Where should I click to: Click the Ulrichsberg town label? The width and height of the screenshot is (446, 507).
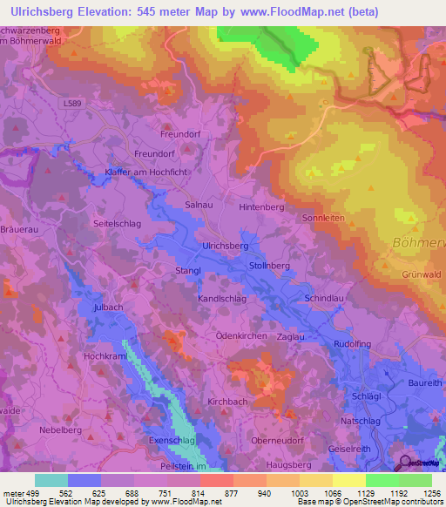225,247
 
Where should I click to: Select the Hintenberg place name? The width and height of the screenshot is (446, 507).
261,208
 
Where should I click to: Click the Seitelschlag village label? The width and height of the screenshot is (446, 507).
117,223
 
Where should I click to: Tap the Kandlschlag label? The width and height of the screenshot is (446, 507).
222,298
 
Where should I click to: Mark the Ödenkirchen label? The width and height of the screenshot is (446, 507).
240,335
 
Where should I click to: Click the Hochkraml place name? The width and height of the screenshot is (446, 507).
106,357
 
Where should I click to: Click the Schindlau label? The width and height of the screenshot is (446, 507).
326,298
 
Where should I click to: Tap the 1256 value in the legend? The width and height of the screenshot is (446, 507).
429,493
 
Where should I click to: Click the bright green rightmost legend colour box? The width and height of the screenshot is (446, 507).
415,480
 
